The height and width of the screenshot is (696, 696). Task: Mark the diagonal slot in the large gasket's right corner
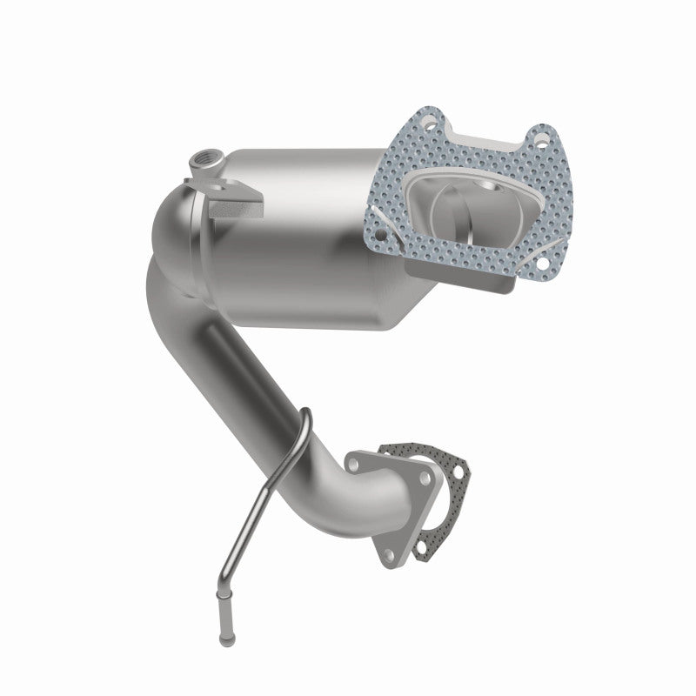(545, 247)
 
